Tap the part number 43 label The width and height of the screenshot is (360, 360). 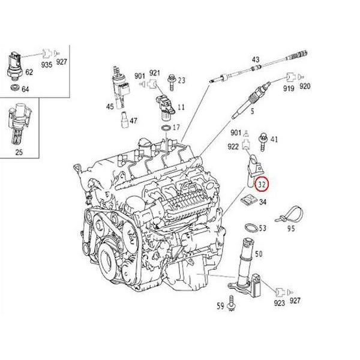pyautogui.click(x=256, y=59)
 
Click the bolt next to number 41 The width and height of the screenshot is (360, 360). pyautogui.click(x=263, y=140)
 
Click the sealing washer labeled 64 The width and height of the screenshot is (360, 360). pyautogui.click(x=14, y=89)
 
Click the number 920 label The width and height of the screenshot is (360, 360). pyautogui.click(x=305, y=86)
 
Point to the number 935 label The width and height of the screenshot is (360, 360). pyautogui.click(x=46, y=62)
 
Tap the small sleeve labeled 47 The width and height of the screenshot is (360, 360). pyautogui.click(x=124, y=119)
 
